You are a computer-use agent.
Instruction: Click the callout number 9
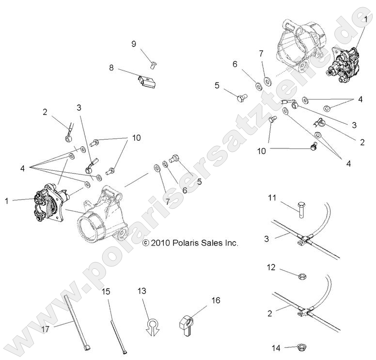click(134, 44)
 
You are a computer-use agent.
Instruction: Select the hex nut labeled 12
click(299, 274)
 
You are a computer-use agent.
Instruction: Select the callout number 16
click(216, 301)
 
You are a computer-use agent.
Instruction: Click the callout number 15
click(106, 292)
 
